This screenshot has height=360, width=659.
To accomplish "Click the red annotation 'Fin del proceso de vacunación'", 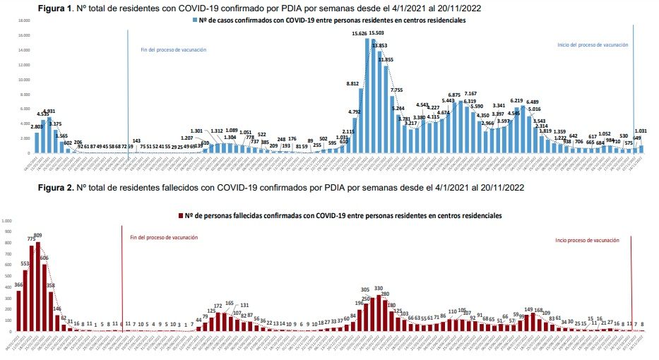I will click(x=164, y=238).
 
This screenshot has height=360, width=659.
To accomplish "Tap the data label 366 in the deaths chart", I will click(x=18, y=284).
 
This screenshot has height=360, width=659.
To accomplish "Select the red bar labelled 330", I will click(x=379, y=313).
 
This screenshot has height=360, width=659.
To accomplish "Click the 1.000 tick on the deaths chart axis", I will click(x=8, y=221).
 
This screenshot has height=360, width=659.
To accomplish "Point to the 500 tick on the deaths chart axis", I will click(x=8, y=276).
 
